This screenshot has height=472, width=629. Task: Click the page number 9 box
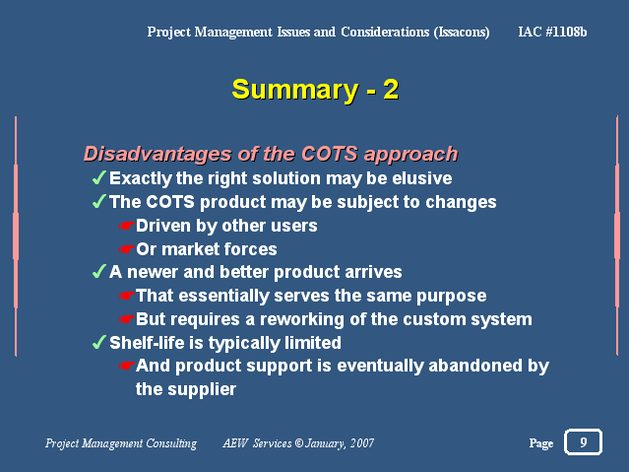(583, 441)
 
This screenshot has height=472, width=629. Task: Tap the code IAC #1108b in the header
(552, 32)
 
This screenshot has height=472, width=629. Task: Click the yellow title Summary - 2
(315, 90)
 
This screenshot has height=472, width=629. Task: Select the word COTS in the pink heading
(329, 154)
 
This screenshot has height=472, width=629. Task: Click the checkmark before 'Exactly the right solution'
(99, 177)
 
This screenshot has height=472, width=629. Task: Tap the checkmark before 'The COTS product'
(99, 201)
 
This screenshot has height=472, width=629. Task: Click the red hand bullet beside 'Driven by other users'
(126, 226)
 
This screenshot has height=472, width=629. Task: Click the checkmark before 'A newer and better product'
(99, 271)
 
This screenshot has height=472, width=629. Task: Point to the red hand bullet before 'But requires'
(126, 319)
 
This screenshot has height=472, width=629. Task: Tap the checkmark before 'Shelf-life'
(99, 342)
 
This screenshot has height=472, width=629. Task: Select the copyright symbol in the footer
(299, 443)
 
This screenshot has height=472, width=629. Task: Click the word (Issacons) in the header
(462, 33)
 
